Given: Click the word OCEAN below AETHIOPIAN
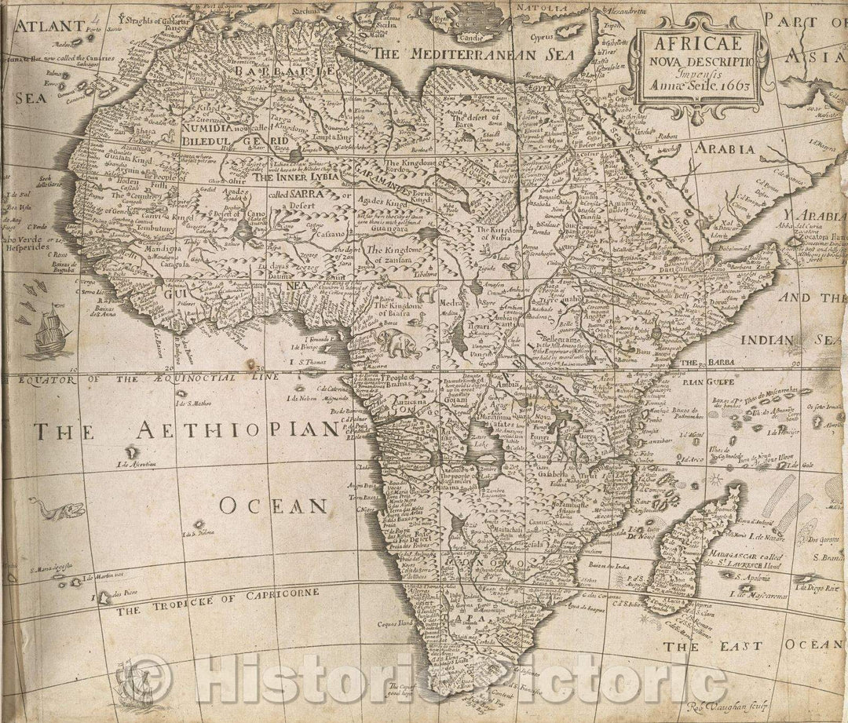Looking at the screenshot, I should (272, 506).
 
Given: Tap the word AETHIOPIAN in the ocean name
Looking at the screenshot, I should (236, 429).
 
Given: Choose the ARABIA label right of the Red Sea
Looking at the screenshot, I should (722, 147).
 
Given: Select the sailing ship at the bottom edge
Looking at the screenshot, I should (133, 683).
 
